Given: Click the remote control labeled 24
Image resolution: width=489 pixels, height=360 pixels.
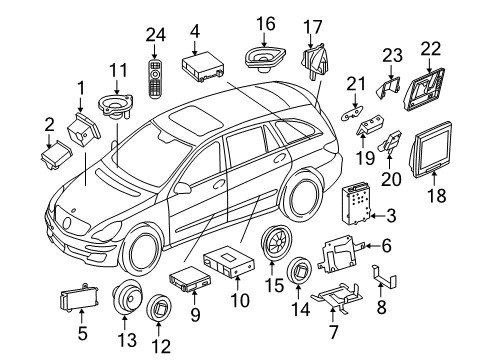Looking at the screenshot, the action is click(x=154, y=79).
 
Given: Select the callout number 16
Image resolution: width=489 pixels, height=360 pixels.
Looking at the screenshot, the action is click(x=266, y=24).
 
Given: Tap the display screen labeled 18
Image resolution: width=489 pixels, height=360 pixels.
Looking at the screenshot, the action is click(x=432, y=150).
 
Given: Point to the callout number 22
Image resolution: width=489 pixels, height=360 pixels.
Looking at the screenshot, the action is click(x=431, y=49).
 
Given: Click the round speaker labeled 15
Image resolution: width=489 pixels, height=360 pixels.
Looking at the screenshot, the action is click(x=276, y=243).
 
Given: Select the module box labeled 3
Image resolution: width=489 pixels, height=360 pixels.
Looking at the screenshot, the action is click(x=356, y=203).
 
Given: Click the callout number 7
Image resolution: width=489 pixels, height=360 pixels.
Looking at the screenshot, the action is click(x=334, y=332).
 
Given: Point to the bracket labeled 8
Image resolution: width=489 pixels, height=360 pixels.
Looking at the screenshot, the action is click(x=383, y=276).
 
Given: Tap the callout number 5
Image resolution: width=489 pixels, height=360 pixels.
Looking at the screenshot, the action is click(x=82, y=333).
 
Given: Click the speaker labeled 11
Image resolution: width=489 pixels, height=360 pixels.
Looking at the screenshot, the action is click(x=116, y=105).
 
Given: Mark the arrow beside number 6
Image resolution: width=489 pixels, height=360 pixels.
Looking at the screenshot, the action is click(x=370, y=246).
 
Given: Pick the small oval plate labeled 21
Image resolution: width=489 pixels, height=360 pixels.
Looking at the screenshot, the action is click(x=352, y=113).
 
